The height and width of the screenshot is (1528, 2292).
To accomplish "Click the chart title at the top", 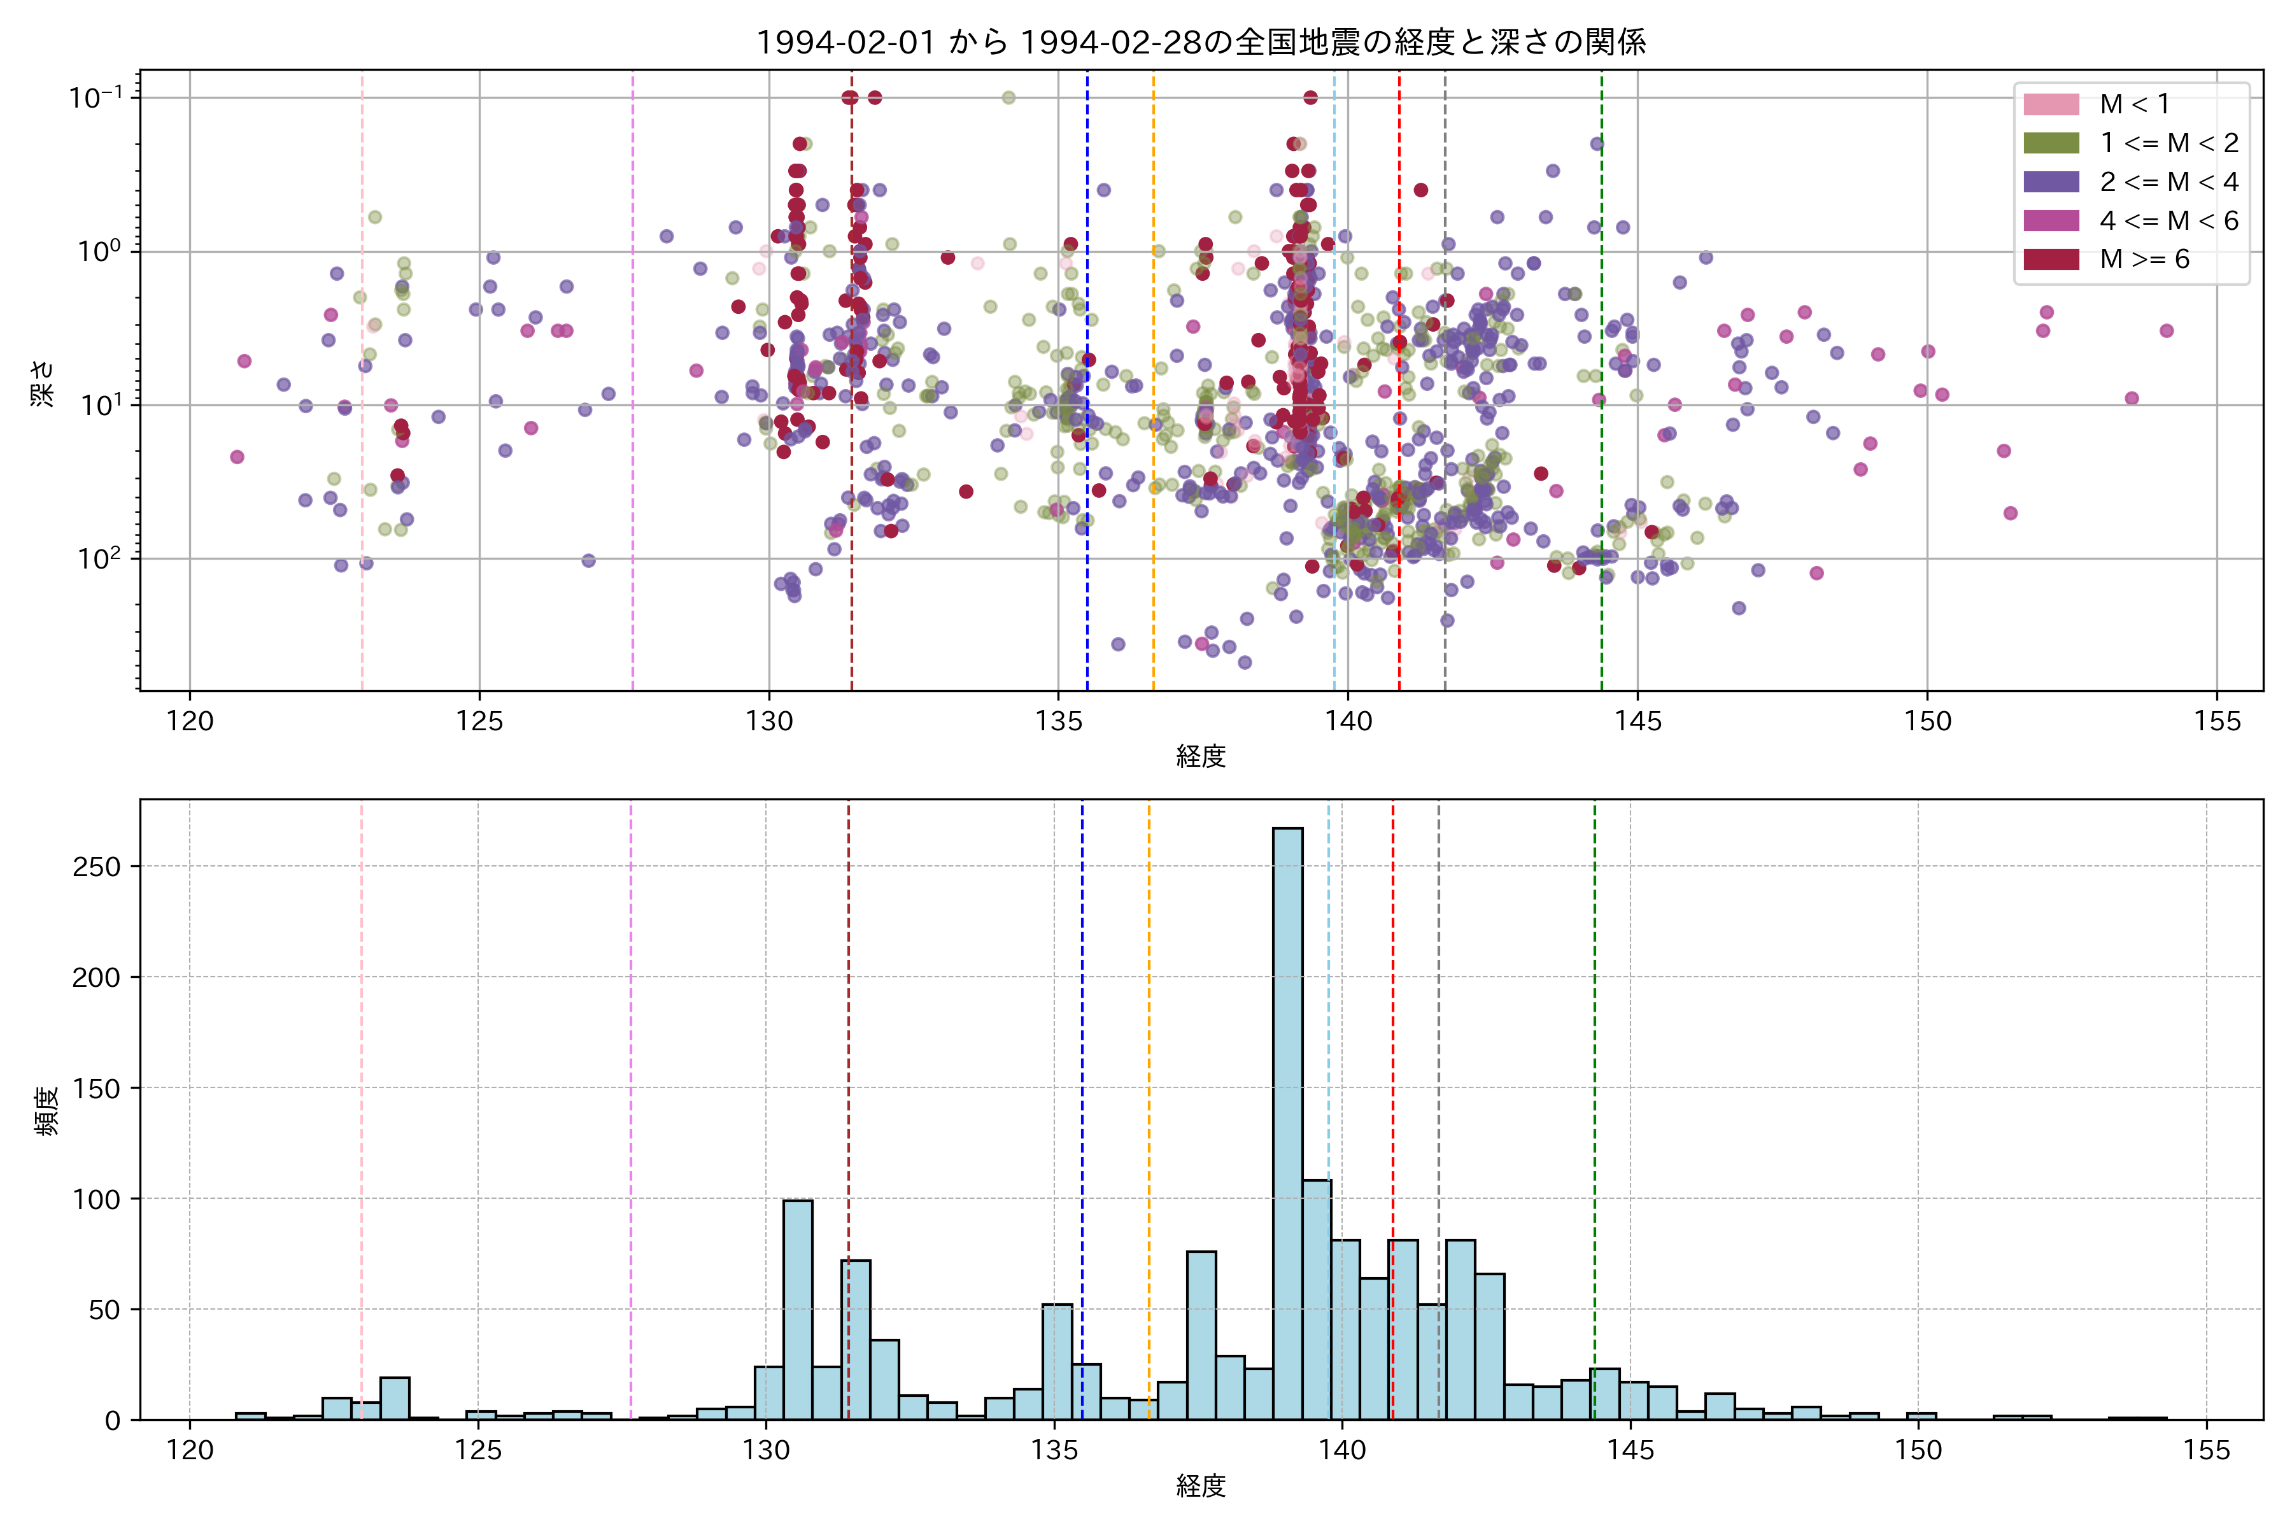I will pos(1201,42).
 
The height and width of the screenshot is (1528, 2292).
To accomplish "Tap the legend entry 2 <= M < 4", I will pos(2168,182).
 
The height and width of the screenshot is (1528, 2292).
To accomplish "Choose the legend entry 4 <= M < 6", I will pos(2168,221).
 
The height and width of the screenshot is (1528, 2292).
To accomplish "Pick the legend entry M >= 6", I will pos(2144,259).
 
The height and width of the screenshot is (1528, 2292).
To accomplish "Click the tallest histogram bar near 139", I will pos(1287,1121).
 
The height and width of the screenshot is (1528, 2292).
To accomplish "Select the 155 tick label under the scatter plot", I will pos(2217,721).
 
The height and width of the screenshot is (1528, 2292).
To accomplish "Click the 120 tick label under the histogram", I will pos(189,1450).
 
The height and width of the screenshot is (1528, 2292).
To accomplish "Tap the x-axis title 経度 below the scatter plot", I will pos(1201,756).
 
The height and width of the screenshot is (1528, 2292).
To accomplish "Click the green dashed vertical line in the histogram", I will pos(1594,1072).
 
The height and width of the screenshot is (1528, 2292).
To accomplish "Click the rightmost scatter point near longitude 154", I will pos(2167,330).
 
